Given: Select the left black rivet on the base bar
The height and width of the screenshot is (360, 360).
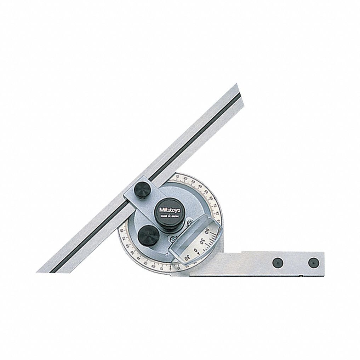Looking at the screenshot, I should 276,262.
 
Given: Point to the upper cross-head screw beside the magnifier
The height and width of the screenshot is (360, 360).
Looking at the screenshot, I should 189,223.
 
